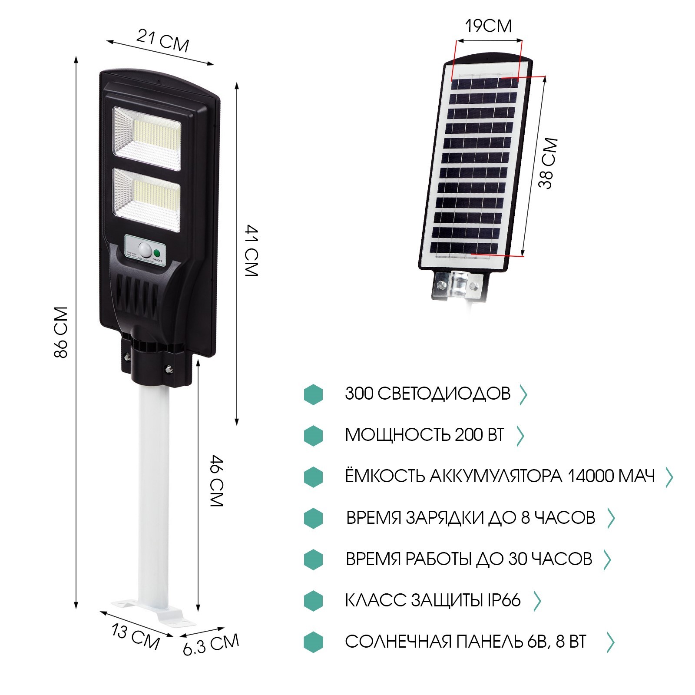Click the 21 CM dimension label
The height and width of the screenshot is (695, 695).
pos(163,41)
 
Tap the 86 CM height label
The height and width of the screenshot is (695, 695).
pos(61,332)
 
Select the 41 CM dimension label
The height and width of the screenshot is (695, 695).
pos(252,251)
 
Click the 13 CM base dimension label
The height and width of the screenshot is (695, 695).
pos(136,637)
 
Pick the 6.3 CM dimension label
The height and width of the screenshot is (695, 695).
pos(211,644)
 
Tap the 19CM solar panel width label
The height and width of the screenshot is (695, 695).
pos(489,26)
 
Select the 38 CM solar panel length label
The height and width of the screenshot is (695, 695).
pos(548,163)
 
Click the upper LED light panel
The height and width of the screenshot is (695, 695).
pos(147,138)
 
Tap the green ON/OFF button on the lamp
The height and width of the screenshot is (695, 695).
pos(157,253)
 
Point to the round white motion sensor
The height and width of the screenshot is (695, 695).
pos(145,251)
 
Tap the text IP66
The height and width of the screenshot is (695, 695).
pos(503,600)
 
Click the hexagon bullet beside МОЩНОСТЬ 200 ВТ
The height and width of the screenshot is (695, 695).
pos(313,435)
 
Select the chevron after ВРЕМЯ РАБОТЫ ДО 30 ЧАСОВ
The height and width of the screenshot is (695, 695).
pos(607,559)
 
